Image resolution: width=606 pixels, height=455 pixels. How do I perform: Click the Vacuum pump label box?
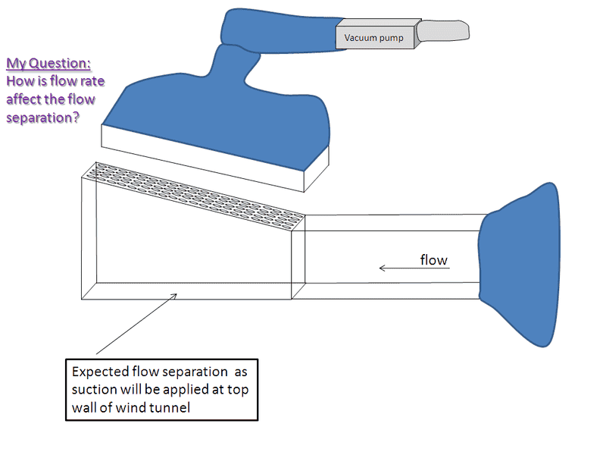[374, 36]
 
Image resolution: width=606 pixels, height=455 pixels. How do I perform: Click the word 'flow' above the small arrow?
[433, 260]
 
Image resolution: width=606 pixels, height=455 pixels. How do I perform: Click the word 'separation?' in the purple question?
[43, 118]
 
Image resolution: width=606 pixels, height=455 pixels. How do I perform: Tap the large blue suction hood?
[227, 106]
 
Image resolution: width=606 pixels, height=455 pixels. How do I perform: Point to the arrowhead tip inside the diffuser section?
[176, 295]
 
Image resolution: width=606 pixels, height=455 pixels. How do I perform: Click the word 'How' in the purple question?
[20, 81]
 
